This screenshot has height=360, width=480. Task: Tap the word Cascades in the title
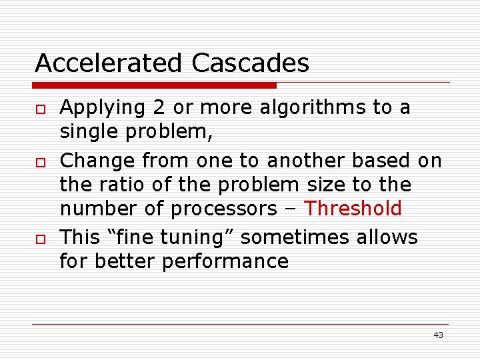251,63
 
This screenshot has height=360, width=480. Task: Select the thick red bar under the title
155,85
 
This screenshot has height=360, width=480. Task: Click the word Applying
103,108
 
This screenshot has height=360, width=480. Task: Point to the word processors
224,209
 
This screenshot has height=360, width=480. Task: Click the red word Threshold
353,209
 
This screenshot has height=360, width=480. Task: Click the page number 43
438,335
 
